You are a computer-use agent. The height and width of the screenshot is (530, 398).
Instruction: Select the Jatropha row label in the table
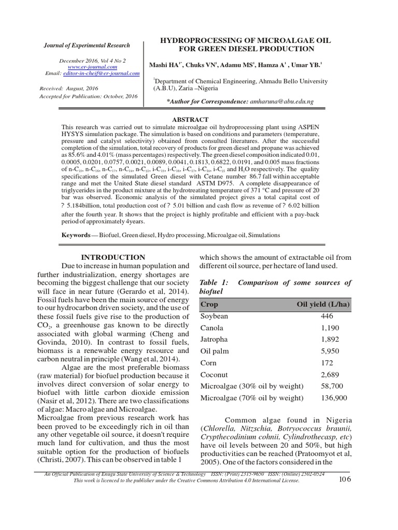(x=215, y=339)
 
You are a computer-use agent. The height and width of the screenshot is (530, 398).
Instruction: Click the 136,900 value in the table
(x=334, y=397)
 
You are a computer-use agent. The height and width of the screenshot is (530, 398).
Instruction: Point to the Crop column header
(x=209, y=304)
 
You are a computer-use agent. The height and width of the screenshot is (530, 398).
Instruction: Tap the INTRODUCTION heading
(x=113, y=257)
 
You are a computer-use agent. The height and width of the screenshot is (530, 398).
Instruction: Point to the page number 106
(x=345, y=479)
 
